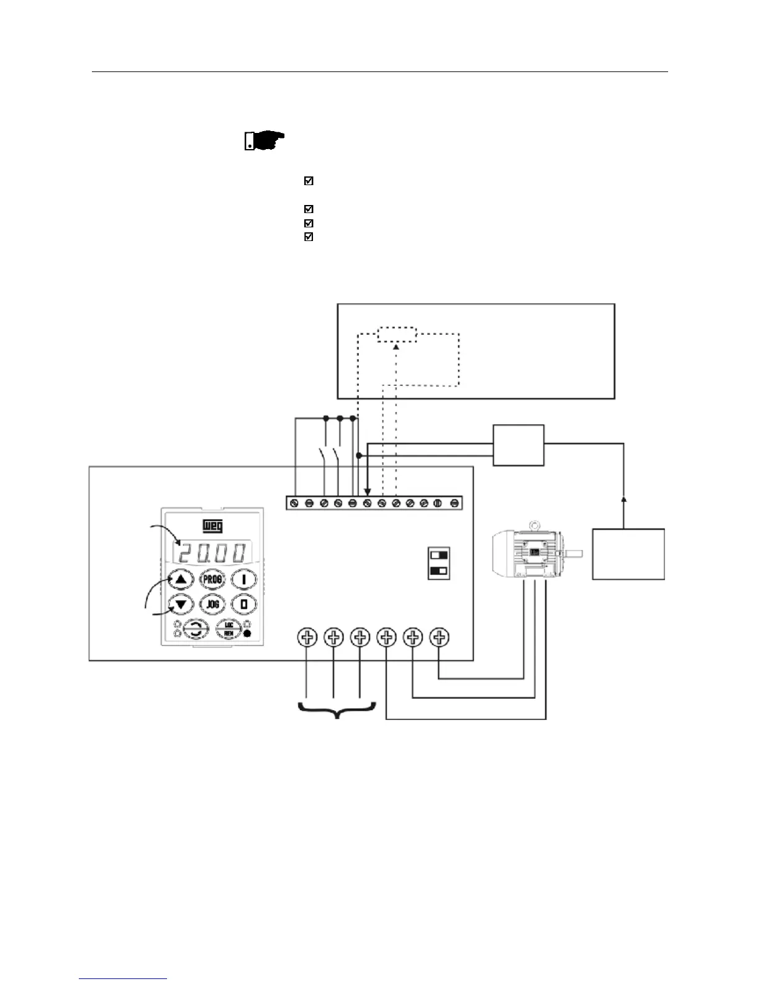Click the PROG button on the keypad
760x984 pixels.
(212, 580)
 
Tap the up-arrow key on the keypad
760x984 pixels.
(181, 580)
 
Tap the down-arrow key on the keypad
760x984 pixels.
(181, 604)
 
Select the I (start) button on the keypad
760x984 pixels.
(244, 580)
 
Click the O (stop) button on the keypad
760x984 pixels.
(244, 604)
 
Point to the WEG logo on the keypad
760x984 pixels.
(213, 526)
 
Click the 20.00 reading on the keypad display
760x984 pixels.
(213, 551)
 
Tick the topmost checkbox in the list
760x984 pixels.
(309, 181)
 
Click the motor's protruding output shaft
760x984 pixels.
(574, 553)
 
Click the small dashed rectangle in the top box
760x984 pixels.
(397, 334)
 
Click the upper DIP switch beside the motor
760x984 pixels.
(439, 554)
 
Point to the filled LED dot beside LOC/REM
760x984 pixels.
(248, 634)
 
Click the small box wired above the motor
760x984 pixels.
(518, 445)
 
